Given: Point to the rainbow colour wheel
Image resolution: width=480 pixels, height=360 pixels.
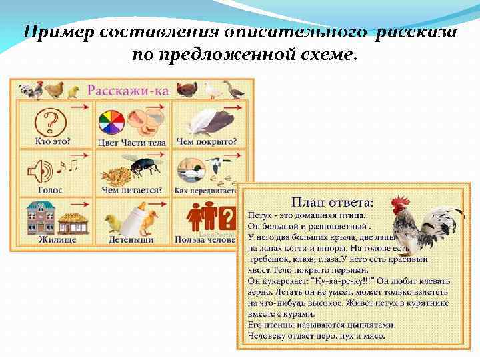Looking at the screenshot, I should pos(111,123).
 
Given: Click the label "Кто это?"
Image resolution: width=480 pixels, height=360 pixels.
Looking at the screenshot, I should pos(53,141).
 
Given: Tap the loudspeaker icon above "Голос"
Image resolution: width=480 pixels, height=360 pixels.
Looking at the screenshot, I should pos(39,172).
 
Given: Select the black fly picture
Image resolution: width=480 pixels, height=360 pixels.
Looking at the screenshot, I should pos(144,167).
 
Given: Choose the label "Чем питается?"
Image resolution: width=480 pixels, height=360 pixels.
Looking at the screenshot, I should pos(131,189).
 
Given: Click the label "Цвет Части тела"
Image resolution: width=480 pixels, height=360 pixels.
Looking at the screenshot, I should pos(132,141).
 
